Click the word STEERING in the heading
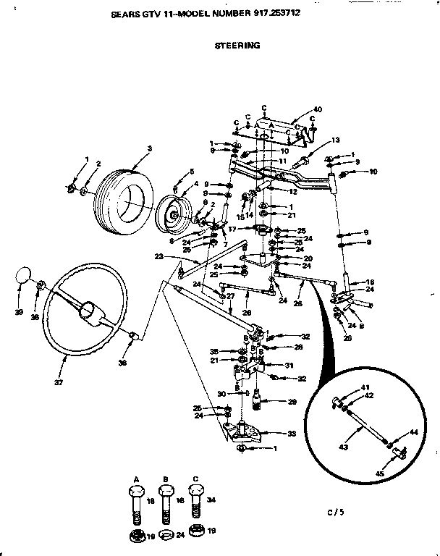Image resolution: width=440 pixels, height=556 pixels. tap(237, 45)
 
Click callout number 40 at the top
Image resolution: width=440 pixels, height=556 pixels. tap(316, 109)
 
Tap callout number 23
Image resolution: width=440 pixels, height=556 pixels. tap(158, 256)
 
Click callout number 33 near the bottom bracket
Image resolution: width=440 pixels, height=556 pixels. tap(292, 434)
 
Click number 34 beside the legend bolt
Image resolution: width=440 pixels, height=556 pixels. tap(212, 500)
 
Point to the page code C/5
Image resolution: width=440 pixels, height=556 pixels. tap(335, 512)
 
